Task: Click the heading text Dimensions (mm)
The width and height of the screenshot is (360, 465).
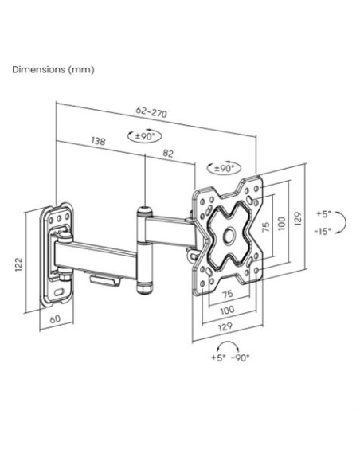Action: click(53, 70)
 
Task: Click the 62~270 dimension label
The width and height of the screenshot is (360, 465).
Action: click(151, 111)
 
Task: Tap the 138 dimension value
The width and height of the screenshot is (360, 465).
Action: click(98, 141)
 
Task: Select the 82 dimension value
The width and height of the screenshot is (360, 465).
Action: click(168, 154)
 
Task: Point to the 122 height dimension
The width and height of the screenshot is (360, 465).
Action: click(18, 264)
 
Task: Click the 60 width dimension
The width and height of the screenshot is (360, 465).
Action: click(55, 319)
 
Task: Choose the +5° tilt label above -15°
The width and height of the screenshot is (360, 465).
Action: click(323, 213)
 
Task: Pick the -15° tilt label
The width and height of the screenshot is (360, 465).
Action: click(323, 231)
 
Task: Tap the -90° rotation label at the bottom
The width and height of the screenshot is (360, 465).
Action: click(241, 358)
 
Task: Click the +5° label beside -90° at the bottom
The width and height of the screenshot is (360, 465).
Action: click(218, 358)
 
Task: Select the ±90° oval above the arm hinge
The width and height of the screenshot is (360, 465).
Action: click(145, 136)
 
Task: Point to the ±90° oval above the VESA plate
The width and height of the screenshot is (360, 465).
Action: click(224, 169)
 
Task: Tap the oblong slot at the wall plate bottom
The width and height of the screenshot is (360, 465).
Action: click(58, 291)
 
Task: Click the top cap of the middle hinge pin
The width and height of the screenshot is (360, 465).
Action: click(144, 212)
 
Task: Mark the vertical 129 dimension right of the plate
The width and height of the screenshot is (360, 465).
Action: click(298, 219)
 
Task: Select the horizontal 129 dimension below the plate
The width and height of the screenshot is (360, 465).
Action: click(225, 326)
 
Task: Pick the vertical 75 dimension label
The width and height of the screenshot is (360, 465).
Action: click(266, 227)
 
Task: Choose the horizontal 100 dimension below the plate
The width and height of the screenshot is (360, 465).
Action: click(227, 311)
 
